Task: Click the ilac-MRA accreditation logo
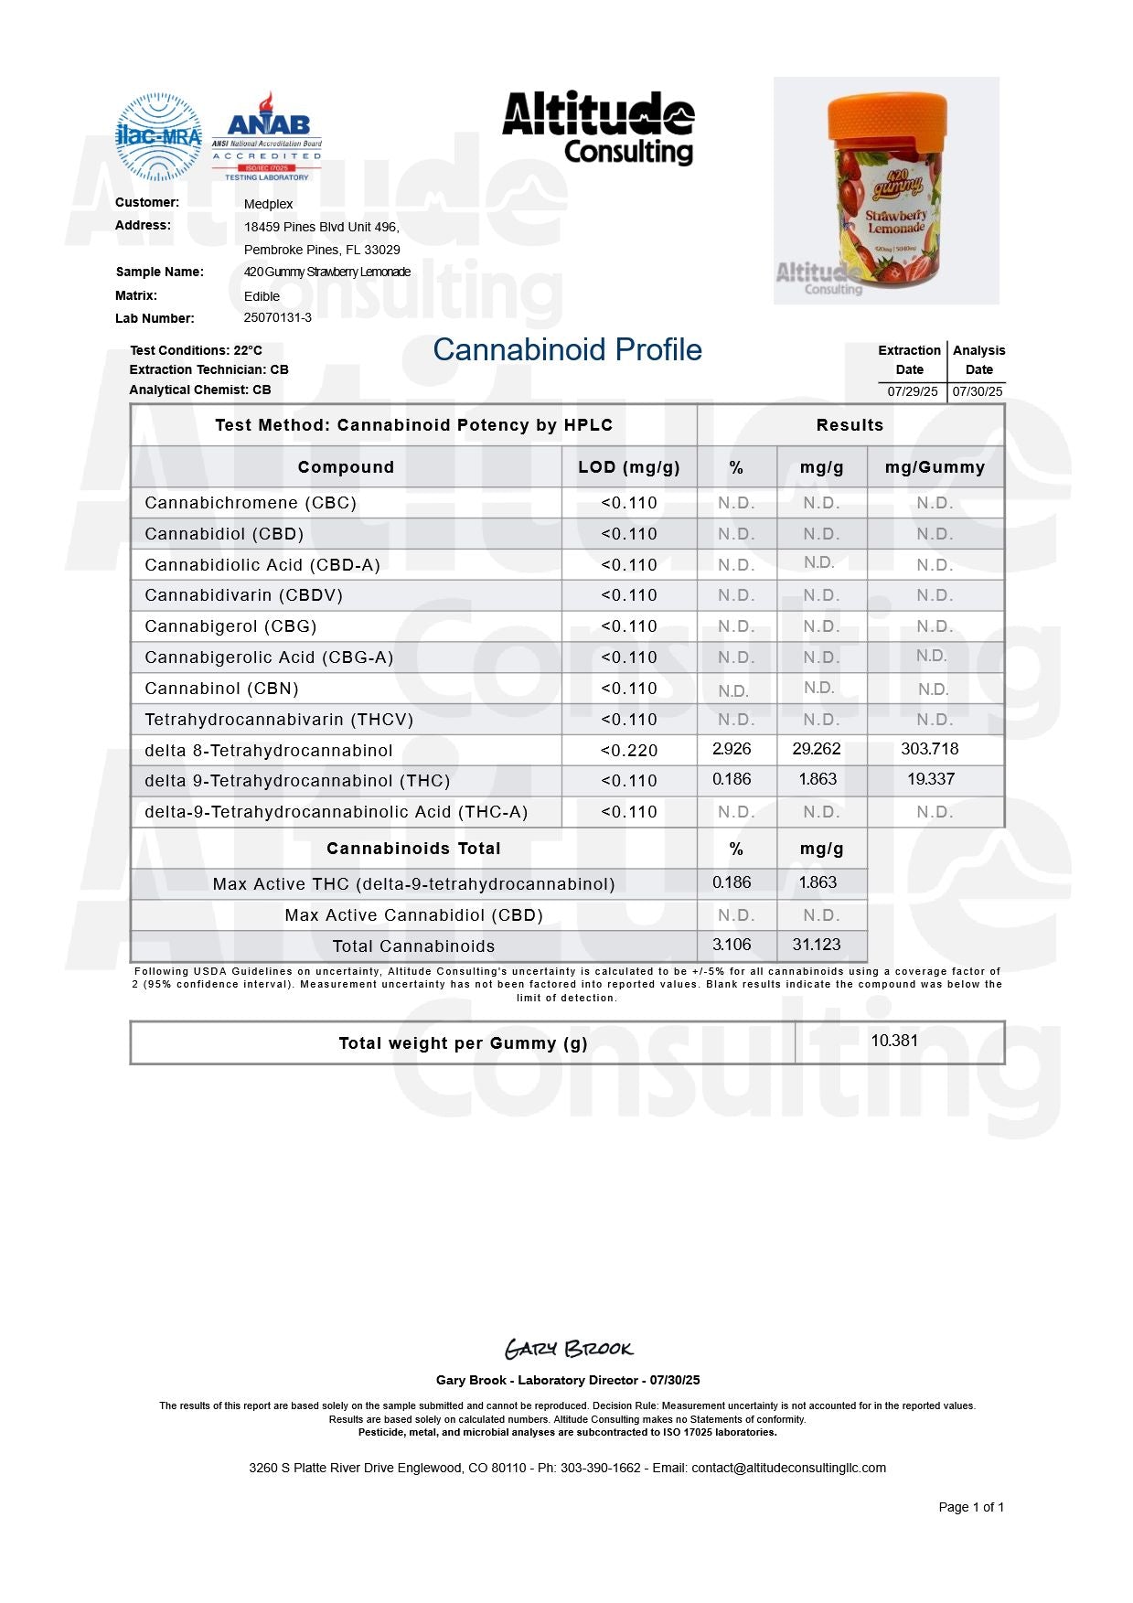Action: coord(158,136)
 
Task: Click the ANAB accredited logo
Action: coord(267,136)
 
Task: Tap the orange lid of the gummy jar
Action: coord(886,118)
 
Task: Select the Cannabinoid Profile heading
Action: coord(567,350)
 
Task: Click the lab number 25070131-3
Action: coord(277,318)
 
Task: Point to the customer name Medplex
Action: coord(268,204)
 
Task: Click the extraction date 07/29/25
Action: coord(912,391)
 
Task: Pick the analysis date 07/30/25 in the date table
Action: coord(978,391)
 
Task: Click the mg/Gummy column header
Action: coord(935,467)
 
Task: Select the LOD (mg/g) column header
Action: coord(629,467)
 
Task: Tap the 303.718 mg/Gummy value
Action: coord(929,749)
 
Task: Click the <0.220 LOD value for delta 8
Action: coord(629,751)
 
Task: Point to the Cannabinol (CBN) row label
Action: coord(221,689)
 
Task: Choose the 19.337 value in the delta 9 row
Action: coord(930,779)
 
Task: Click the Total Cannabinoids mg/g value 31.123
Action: coord(817,945)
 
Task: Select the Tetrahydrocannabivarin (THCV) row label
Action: coord(279,720)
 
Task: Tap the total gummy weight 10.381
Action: coord(893,1041)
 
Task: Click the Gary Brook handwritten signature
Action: coord(568,1349)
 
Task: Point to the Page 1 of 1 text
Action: coord(970,1507)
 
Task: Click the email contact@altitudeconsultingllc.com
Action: coord(788,1468)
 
